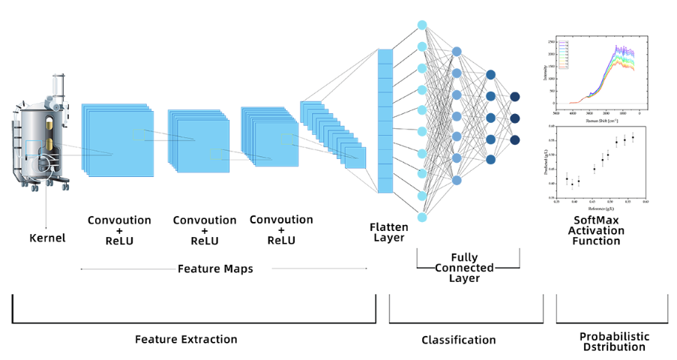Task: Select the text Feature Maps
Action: pyautogui.click(x=215, y=268)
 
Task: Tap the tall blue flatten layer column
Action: pyautogui.click(x=385, y=121)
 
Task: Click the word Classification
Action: pyautogui.click(x=459, y=340)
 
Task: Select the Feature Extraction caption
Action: pyautogui.click(x=186, y=339)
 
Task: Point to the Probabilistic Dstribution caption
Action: pyautogui.click(x=614, y=341)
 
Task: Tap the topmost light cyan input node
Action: pyautogui.click(x=422, y=25)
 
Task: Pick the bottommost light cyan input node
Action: pyautogui.click(x=422, y=217)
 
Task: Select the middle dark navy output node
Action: pyautogui.click(x=515, y=118)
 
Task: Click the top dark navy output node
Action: pyautogui.click(x=515, y=97)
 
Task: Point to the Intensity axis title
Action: pyautogui.click(x=545, y=71)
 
